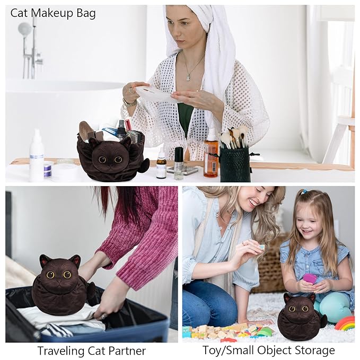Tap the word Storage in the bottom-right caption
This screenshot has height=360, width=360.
pos(313,350)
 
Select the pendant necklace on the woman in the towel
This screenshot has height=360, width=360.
pos(188,76)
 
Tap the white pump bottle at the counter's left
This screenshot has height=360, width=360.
pos(37,156)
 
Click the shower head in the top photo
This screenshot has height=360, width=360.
pos(24,29)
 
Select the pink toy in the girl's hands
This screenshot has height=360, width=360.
pos(310,278)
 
